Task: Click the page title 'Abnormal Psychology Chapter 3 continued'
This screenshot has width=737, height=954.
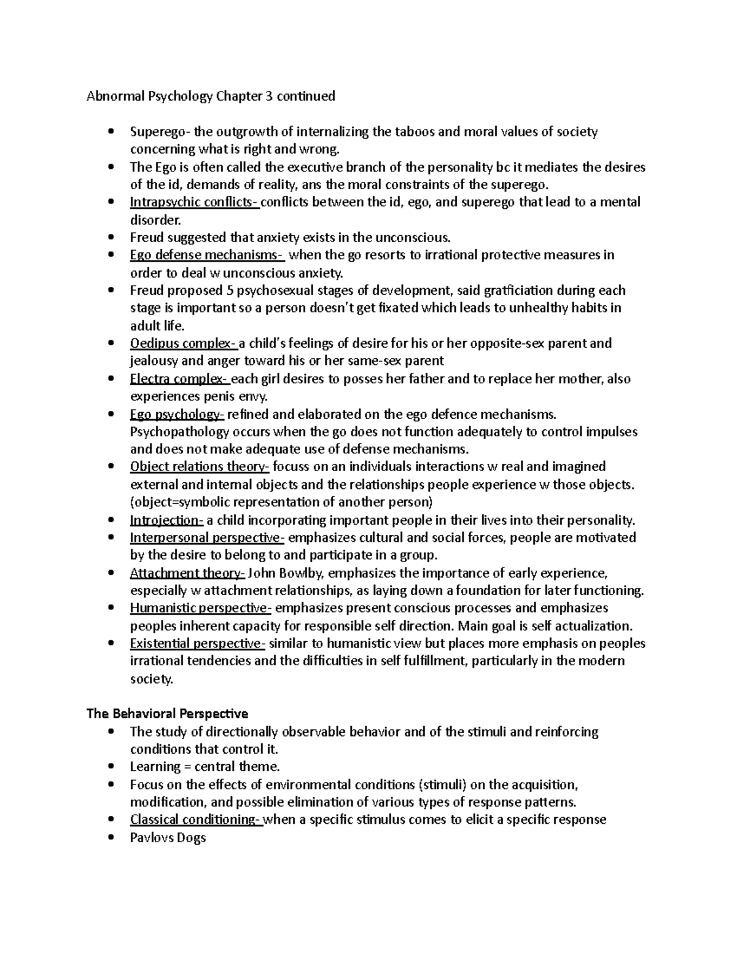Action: click(211, 96)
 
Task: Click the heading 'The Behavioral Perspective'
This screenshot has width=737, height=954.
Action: click(167, 714)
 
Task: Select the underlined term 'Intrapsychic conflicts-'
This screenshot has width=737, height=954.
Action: click(194, 202)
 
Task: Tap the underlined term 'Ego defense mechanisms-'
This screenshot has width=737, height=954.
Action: click(206, 255)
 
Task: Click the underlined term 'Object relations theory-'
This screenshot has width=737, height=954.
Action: click(200, 466)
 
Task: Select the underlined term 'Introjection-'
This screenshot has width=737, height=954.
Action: click(166, 520)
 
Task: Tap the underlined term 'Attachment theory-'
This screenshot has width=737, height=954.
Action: click(187, 573)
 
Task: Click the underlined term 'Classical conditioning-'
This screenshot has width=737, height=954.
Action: click(196, 819)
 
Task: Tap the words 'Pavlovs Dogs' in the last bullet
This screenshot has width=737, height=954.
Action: click(168, 837)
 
